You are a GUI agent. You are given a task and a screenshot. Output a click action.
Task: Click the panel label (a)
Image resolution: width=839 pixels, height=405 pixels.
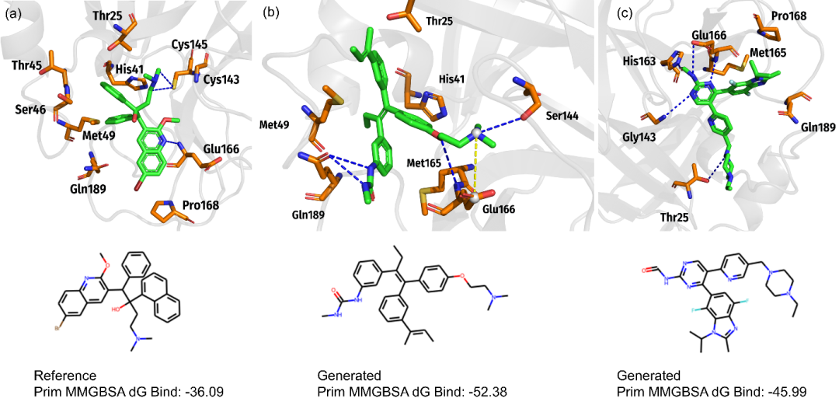(x=12, y=13)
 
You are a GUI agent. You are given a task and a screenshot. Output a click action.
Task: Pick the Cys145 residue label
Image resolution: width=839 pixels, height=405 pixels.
(x=190, y=44)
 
